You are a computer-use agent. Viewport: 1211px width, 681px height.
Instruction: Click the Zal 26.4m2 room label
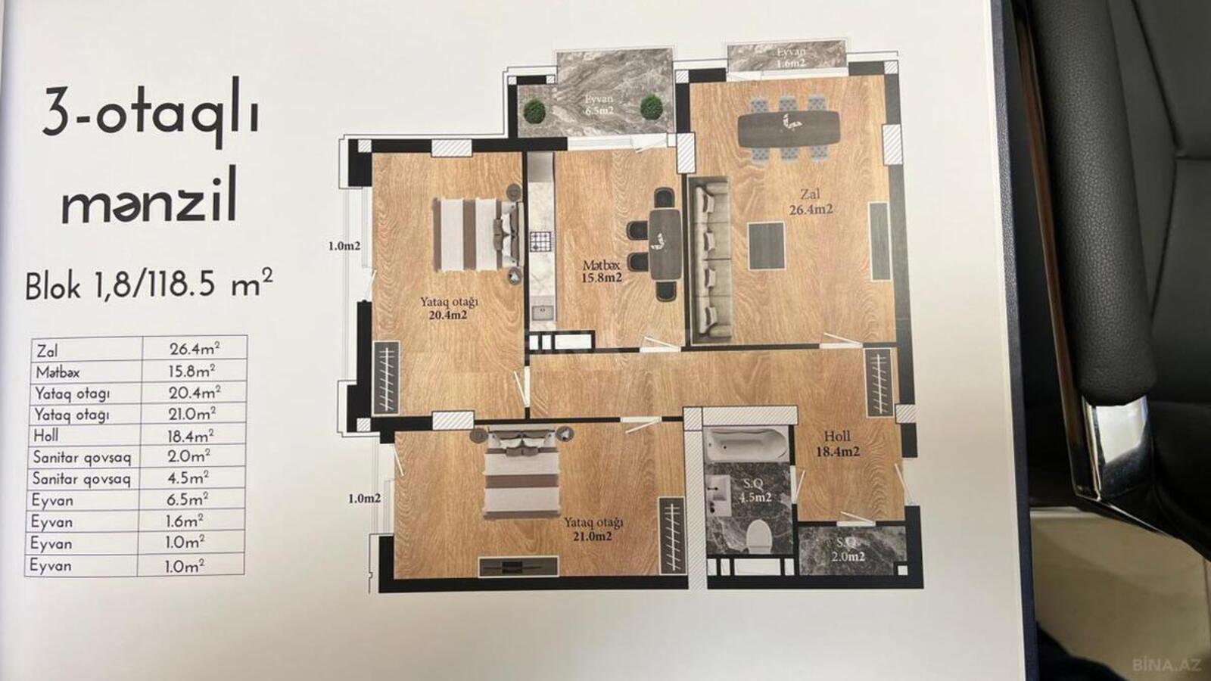click(811, 201)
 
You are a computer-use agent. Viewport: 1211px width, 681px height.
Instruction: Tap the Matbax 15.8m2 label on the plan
click(602, 272)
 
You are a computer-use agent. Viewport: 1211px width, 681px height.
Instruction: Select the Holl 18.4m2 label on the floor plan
click(837, 443)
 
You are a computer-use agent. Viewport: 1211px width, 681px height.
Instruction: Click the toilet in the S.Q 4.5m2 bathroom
click(759, 536)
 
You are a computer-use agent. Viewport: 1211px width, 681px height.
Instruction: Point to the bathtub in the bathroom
click(747, 444)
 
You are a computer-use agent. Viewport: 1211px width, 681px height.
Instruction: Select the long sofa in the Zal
click(710, 260)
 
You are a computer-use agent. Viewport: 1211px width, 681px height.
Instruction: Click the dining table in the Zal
click(789, 128)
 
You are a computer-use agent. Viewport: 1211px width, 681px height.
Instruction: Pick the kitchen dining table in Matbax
click(665, 244)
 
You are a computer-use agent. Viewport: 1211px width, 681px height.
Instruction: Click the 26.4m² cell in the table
click(195, 349)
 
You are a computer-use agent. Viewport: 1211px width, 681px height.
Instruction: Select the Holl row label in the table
click(46, 436)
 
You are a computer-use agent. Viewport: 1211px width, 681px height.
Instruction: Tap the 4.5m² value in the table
click(187, 478)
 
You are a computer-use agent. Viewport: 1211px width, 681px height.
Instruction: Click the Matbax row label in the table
click(58, 372)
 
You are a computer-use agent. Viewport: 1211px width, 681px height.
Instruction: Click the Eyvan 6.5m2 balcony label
click(599, 104)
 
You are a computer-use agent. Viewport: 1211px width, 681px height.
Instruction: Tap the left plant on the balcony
click(534, 111)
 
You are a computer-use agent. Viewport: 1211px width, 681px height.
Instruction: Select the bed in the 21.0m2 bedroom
click(521, 473)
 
